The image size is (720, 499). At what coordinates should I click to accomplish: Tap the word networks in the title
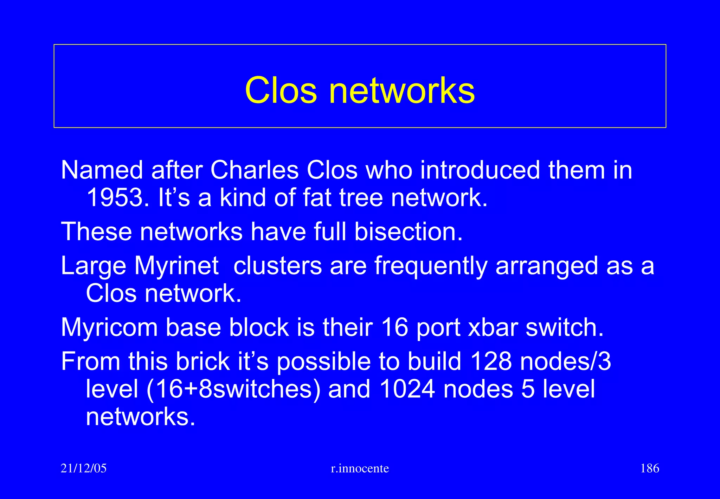tap(401, 91)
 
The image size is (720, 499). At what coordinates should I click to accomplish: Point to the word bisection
tap(408, 232)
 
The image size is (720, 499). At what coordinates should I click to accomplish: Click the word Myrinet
tap(176, 266)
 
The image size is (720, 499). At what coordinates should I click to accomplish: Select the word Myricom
tap(109, 328)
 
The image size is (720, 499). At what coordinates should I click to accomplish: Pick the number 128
tap(491, 361)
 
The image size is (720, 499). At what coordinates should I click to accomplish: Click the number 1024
tap(407, 389)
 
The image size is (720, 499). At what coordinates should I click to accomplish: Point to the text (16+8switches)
tap(233, 389)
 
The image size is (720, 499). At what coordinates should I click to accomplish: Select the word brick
tap(202, 361)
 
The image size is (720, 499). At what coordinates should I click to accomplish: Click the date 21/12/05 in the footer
tap(83, 468)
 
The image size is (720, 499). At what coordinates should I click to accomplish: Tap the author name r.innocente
tap(360, 468)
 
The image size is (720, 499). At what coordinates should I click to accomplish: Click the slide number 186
tap(650, 468)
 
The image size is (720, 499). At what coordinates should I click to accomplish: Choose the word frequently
tap(431, 266)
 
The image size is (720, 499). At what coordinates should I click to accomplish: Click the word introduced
tap(480, 170)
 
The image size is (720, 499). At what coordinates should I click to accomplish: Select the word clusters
tap(277, 266)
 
